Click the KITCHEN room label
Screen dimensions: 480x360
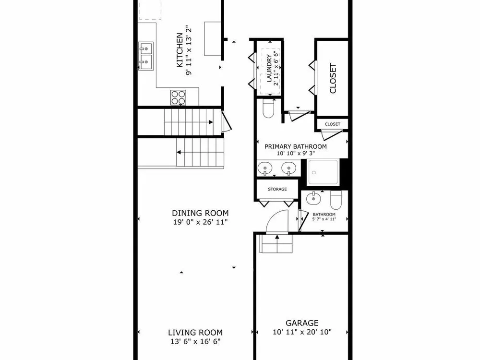tap(180, 50)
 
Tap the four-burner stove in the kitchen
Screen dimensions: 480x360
tap(178, 97)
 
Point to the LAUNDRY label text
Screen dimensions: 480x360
tap(269, 68)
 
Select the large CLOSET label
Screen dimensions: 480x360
tap(333, 78)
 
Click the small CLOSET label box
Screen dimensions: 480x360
tap(333, 124)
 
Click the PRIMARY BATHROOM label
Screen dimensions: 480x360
tap(295, 146)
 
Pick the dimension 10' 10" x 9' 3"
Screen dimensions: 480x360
tap(296, 154)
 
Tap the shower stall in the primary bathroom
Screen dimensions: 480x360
tap(323, 172)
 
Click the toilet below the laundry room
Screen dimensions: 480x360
tap(268, 108)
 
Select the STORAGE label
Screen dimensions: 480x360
tap(277, 189)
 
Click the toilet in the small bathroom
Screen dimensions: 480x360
tap(336, 200)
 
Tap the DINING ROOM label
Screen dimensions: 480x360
tap(200, 213)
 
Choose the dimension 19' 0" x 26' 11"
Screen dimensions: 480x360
tap(201, 222)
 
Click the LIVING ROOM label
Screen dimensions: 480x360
tap(195, 333)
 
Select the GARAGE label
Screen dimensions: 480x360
tap(302, 323)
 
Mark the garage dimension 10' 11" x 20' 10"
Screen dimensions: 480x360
tap(302, 332)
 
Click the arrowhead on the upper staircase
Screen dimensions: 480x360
tap(211, 122)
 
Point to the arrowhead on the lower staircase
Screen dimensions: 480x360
tap(179, 152)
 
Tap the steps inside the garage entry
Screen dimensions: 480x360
tap(276, 244)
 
